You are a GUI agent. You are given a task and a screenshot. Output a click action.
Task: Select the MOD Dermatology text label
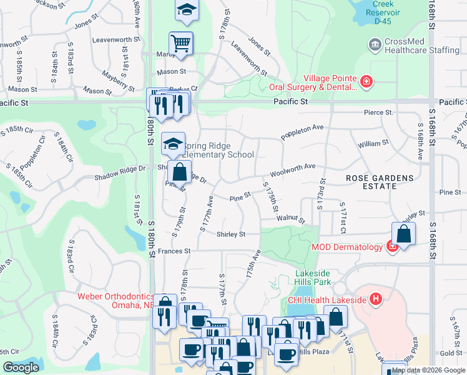coord(347,247)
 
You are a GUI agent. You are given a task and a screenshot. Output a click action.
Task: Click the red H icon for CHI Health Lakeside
coord(375,299)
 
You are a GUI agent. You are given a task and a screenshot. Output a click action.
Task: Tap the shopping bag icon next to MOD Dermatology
coord(404,234)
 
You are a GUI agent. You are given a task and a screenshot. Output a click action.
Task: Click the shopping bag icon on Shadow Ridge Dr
coord(179,171)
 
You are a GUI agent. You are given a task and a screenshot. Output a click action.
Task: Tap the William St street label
coord(373,144)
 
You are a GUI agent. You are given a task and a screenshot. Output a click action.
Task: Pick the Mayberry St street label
coord(119,81)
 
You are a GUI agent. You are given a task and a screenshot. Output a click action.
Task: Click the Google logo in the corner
coord(21,367)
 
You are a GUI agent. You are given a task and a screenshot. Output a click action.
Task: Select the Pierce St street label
coord(379,112)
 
